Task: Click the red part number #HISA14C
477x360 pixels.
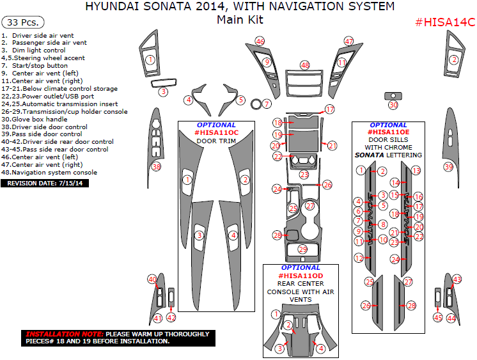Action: coord(445,22)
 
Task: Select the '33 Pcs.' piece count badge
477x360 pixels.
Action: coord(20,21)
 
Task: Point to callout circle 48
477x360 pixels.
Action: coord(305,65)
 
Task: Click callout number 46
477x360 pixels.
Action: coord(260,41)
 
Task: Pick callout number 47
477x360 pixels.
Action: coord(348,41)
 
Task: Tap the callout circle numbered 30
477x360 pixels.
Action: coord(393,105)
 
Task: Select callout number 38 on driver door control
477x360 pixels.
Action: coord(156,167)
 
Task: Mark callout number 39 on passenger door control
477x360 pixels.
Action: coord(448,167)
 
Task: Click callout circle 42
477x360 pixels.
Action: coord(171,317)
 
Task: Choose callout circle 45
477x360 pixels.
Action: coord(437,317)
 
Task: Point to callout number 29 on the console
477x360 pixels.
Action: coord(302,249)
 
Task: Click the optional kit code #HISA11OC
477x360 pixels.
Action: coord(216,132)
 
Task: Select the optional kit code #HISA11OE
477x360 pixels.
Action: coord(388,132)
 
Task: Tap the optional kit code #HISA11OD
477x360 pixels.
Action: coord(301,276)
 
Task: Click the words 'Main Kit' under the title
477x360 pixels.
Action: coord(240,20)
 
